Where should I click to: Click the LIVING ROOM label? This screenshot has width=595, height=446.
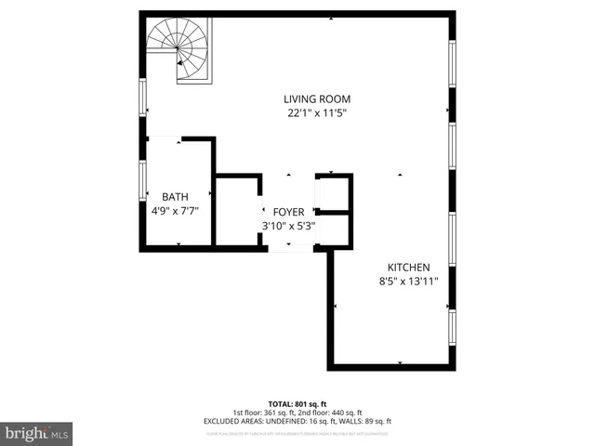(317, 99)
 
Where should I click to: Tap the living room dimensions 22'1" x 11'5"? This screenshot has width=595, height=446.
(317, 114)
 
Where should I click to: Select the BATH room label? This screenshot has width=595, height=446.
(175, 196)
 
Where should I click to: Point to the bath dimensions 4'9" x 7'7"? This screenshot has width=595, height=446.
(175, 210)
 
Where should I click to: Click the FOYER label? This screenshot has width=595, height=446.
(288, 212)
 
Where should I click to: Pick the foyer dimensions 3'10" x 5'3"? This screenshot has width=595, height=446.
(288, 225)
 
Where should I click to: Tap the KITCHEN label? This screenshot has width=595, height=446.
(407, 266)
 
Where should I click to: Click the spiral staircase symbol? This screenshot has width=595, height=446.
(179, 50)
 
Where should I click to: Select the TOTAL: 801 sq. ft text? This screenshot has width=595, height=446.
(297, 403)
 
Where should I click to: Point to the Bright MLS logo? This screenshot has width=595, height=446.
(37, 434)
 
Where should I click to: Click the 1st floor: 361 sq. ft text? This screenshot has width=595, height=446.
(263, 413)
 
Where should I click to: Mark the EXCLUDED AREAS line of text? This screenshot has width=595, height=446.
(297, 421)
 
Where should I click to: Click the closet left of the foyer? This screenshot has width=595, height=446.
(237, 212)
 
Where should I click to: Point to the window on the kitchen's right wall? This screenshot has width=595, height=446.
(452, 327)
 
